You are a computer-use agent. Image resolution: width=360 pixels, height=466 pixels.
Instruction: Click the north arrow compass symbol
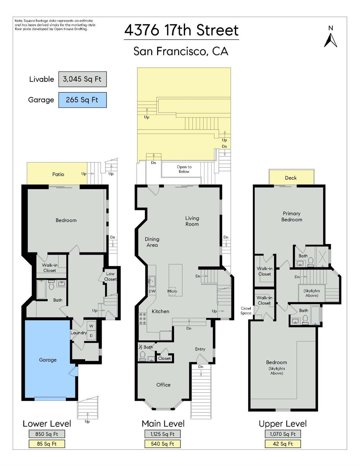330,38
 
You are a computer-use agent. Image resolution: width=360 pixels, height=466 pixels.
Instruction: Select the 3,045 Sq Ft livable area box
82,79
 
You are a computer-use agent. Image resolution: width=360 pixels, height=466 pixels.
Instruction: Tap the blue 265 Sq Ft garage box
82,100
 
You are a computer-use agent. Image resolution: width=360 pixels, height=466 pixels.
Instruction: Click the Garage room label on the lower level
48,360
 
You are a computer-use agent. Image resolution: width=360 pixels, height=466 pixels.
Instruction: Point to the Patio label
58,174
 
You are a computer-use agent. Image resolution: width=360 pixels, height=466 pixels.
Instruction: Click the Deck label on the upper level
291,178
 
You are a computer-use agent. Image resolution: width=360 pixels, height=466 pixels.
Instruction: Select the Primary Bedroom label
292,216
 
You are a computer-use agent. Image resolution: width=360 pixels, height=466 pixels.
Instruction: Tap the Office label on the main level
163,385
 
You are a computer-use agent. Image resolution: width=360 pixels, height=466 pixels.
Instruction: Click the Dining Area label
152,242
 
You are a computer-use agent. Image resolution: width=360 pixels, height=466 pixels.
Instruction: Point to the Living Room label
192,221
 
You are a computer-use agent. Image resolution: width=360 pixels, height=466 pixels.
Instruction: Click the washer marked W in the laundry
91,326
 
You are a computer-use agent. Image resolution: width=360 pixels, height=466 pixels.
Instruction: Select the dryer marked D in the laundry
91,336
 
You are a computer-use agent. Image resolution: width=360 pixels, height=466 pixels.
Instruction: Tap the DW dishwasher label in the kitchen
152,291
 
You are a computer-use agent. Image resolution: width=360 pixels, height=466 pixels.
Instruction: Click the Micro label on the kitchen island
172,291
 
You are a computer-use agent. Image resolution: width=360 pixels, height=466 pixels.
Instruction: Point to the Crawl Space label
246,311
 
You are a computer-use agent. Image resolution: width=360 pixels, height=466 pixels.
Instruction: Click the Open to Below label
184,169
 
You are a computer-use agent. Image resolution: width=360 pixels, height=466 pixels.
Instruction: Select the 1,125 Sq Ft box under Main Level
162,434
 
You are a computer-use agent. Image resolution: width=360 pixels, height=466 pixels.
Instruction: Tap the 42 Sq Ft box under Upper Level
283,444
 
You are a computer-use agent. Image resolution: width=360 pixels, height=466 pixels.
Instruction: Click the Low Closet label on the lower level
110,276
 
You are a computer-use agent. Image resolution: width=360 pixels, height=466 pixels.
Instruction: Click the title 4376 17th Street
181,30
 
